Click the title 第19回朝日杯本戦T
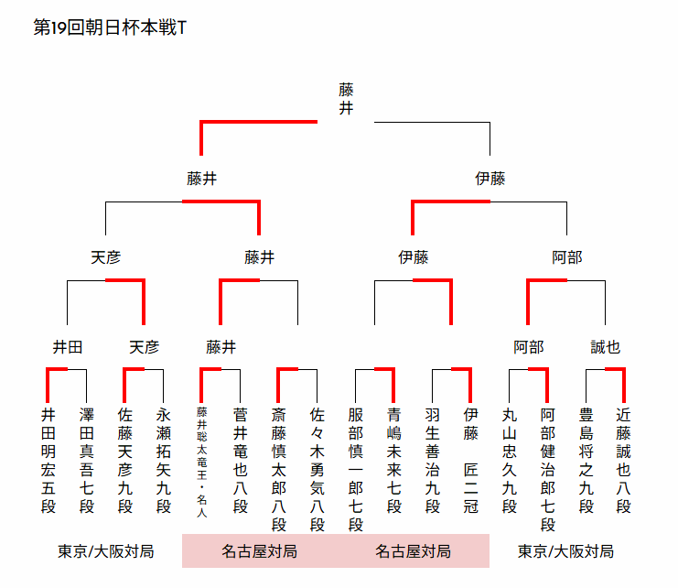click(x=110, y=27)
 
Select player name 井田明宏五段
click(x=48, y=460)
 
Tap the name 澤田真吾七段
click(x=87, y=460)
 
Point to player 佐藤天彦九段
click(x=125, y=460)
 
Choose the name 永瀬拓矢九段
click(x=164, y=460)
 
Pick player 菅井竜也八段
click(x=241, y=460)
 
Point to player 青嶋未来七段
click(x=394, y=460)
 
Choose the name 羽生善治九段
click(x=433, y=460)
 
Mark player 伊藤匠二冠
click(x=471, y=460)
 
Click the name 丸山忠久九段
click(x=510, y=460)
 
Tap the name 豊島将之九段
click(x=587, y=460)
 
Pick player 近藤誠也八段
click(x=624, y=460)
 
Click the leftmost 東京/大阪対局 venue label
click(x=106, y=551)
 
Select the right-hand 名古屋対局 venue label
click(x=413, y=551)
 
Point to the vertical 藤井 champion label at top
click(x=346, y=99)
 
